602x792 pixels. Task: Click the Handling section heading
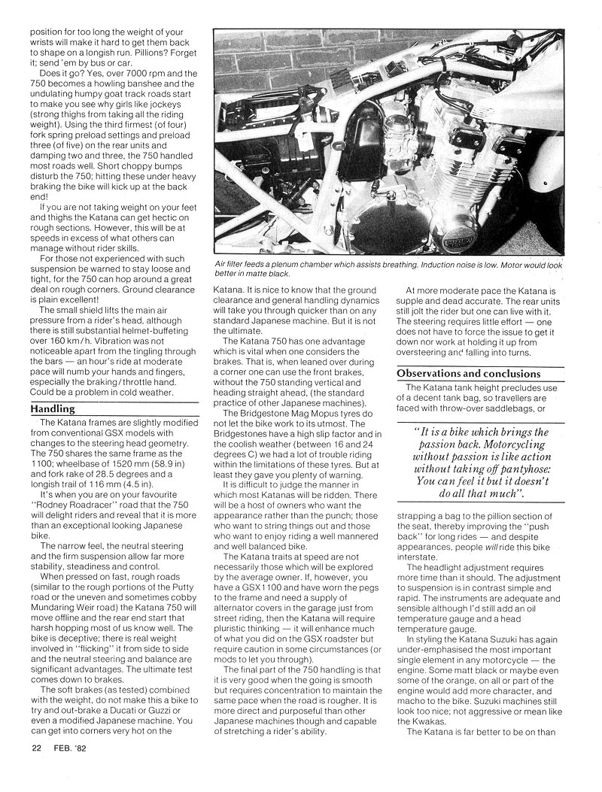coord(53,408)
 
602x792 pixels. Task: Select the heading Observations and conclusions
coord(469,373)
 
